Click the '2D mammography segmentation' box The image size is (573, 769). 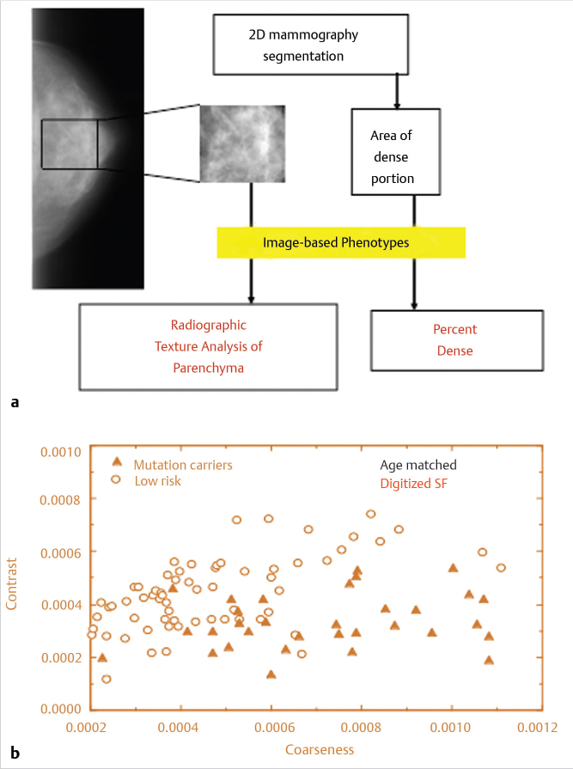(x=311, y=45)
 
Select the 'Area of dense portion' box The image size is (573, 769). (x=395, y=151)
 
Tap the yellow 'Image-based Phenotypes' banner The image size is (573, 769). (x=341, y=242)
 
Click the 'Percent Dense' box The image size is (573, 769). (x=457, y=340)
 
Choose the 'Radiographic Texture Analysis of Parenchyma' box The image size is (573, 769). (x=208, y=347)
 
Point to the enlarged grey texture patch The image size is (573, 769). (x=242, y=143)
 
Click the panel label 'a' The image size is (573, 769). (x=15, y=403)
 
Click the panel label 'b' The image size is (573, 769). (x=15, y=752)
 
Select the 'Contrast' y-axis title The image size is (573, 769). (x=11, y=583)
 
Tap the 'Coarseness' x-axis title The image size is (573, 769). (x=320, y=749)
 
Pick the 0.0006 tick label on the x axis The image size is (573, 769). (x=275, y=727)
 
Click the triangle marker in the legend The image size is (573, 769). (x=117, y=461)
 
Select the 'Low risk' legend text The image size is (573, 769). (x=158, y=481)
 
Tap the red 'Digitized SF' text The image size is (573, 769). (x=414, y=484)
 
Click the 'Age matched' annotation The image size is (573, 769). (x=418, y=465)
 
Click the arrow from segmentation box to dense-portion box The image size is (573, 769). (x=397, y=92)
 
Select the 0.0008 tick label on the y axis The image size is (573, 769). (x=61, y=500)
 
